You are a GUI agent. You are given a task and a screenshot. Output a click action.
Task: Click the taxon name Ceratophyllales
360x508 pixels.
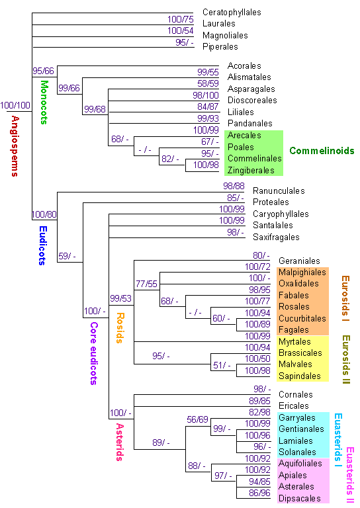[232, 13]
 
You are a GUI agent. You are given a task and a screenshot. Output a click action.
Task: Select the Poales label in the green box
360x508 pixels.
[241, 147]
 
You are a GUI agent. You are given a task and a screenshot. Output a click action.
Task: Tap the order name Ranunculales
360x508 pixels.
[279, 190]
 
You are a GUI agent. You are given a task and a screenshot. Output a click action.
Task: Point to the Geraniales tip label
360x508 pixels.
[299, 261]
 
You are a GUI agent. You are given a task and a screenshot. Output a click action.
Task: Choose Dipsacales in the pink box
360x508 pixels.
[300, 498]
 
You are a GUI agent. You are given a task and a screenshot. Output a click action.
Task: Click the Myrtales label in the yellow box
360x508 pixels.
[294, 342]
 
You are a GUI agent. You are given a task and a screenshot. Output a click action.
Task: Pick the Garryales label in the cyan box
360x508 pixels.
[297, 417]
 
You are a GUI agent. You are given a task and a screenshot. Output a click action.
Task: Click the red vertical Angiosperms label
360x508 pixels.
[15, 146]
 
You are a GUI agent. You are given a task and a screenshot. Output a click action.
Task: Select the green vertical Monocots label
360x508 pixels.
[44, 103]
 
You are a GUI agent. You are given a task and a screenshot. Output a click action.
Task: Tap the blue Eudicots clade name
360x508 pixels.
[43, 245]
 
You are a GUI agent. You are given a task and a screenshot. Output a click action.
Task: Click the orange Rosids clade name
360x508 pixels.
[120, 328]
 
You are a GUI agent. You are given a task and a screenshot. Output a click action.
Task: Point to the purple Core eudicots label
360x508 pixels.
[94, 353]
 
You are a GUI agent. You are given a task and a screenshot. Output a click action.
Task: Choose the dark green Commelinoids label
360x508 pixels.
[322, 151]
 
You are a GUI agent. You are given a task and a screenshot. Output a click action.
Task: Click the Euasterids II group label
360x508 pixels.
[350, 475]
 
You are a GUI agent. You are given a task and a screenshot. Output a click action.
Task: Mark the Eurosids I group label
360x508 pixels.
[345, 298]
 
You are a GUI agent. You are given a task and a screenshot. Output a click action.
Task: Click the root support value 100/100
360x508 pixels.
[15, 105]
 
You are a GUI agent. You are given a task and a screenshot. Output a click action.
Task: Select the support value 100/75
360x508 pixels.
[181, 19]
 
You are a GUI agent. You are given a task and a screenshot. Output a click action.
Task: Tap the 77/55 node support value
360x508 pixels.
[146, 284]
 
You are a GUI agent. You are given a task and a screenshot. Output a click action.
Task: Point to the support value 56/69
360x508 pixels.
[197, 419]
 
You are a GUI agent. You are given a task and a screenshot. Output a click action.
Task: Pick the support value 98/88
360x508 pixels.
[234, 186]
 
